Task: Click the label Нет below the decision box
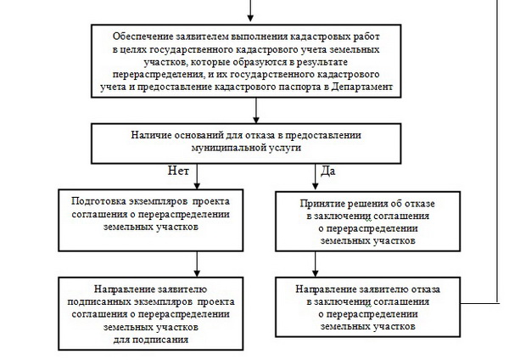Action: click(178, 171)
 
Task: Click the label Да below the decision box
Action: click(327, 171)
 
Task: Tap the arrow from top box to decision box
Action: click(250, 113)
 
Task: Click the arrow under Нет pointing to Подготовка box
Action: click(197, 181)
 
